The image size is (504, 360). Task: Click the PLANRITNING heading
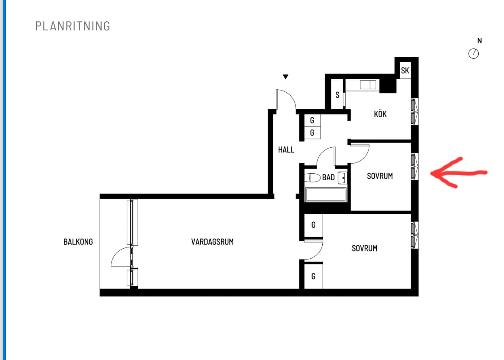point(73,26)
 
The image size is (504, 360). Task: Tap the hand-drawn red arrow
point(459,173)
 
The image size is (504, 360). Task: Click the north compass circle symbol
point(474,54)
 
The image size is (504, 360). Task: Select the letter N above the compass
point(480,41)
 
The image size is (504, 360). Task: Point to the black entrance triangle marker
point(285,77)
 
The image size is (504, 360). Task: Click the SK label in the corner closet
point(405,71)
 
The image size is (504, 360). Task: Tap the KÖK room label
point(380,114)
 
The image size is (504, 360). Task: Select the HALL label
point(286,150)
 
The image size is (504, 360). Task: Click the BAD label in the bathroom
point(329,178)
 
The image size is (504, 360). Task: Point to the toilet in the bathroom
point(312,178)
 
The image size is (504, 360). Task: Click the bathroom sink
point(342,178)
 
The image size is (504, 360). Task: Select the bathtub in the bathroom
point(326,195)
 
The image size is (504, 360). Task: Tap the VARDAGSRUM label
point(212,242)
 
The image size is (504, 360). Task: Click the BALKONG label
point(78,242)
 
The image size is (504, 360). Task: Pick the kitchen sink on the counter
point(368,85)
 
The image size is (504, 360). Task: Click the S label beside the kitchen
point(337,95)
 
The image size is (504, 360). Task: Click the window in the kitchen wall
point(415,111)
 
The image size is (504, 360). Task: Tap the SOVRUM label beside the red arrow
point(380,176)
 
